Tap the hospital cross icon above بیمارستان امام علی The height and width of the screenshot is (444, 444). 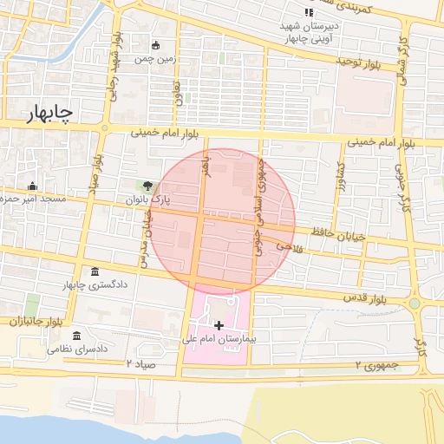click(x=219, y=324)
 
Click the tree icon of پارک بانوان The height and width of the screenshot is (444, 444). click(x=148, y=186)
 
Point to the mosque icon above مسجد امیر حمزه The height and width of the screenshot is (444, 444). click(x=32, y=186)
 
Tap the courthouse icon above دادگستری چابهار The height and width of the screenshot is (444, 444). click(x=94, y=271)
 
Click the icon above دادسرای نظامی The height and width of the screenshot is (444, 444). click(x=77, y=336)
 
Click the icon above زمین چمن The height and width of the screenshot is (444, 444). click(x=156, y=46)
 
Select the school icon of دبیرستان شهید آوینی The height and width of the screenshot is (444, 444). click(x=308, y=12)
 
